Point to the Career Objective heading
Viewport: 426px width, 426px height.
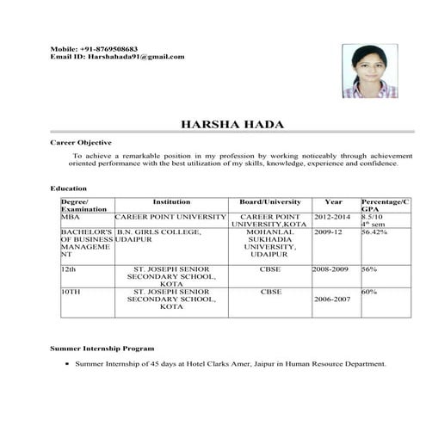(83, 139)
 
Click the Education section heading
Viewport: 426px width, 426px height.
(69, 188)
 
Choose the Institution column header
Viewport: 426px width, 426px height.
(171, 201)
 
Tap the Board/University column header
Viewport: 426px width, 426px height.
(270, 201)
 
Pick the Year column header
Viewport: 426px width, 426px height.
(334, 201)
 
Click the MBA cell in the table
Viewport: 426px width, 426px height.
(70, 217)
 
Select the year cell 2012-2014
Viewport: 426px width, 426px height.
(333, 217)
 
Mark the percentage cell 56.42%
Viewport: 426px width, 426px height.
(374, 232)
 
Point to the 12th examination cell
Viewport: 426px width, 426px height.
(68, 269)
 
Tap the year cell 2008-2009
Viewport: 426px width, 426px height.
(330, 269)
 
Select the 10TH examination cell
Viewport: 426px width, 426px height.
(71, 292)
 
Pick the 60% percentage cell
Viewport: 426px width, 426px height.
(370, 292)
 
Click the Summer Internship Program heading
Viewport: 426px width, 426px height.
(102, 349)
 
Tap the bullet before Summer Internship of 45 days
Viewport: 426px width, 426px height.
(66, 364)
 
